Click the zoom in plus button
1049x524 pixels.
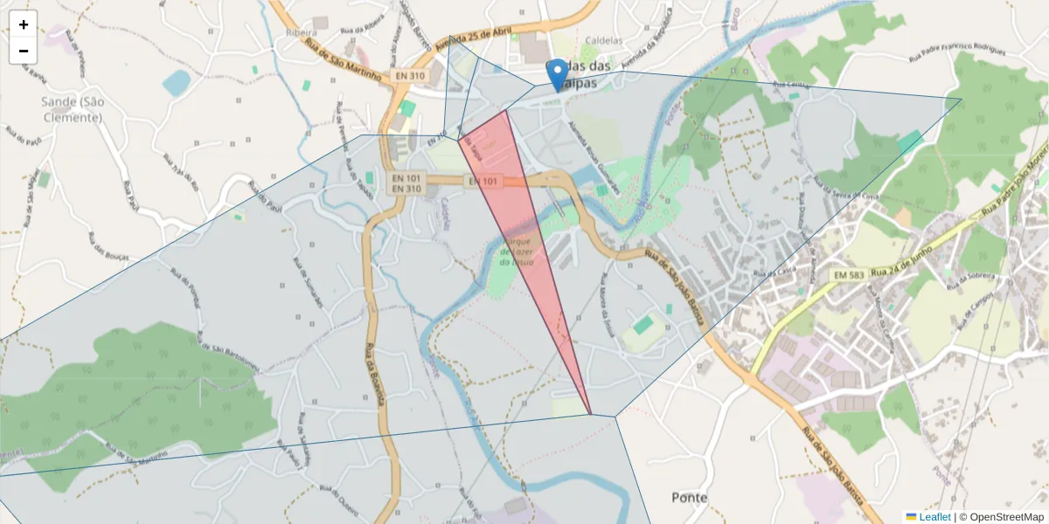(24, 24)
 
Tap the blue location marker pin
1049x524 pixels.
(557, 73)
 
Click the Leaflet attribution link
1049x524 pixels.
(934, 517)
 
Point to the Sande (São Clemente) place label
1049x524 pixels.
(73, 109)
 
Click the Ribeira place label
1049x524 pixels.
(301, 32)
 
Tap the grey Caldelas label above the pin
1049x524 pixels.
(599, 40)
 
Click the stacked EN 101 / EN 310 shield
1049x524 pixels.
(406, 182)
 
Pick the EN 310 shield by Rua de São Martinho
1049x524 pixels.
(409, 76)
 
